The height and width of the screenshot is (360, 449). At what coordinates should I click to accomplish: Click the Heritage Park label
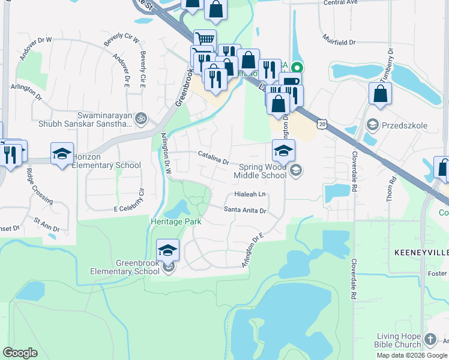pos(175,221)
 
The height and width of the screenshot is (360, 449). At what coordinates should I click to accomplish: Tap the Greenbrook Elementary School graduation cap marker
pos(168,250)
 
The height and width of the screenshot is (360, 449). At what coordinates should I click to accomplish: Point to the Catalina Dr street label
pos(214,158)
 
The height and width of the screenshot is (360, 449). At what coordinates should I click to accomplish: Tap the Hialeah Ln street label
pos(250,194)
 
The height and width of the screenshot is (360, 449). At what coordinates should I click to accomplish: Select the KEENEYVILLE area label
pos(421,253)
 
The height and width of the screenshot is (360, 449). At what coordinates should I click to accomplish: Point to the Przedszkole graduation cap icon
pos(372,124)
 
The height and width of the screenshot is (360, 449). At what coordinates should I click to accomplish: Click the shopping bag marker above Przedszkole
pos(380,94)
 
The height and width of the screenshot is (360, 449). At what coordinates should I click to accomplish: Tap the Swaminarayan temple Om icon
pos(141,117)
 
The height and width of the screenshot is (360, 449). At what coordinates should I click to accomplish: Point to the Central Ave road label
pos(340,3)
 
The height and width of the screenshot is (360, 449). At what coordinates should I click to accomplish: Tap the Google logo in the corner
pos(20,353)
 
